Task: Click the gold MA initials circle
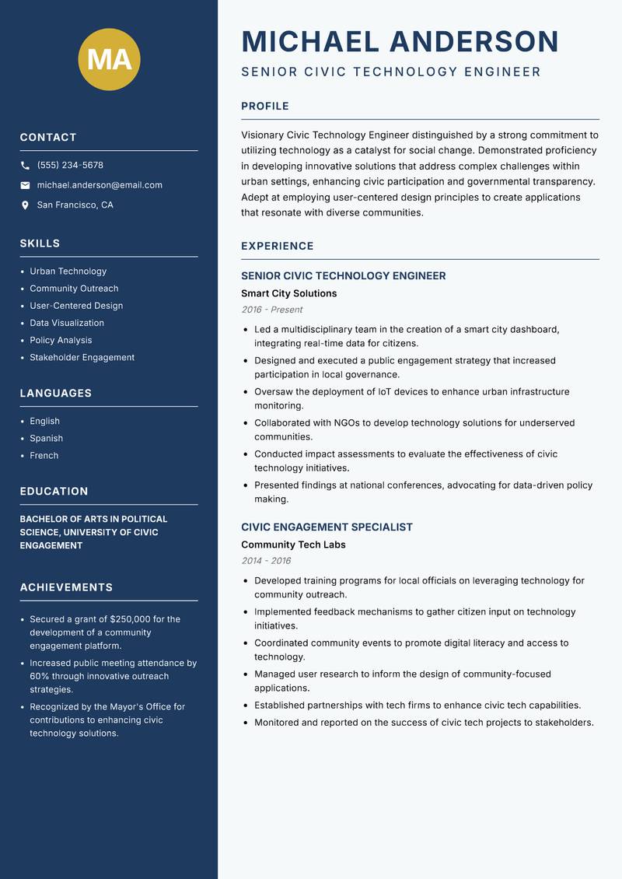110,59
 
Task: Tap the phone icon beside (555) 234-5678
25,166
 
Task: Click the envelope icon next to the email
25,185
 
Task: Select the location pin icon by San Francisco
25,205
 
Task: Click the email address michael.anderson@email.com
100,185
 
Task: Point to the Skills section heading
40,243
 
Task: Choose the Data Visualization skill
67,323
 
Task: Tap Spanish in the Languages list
46,438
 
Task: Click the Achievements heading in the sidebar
66,587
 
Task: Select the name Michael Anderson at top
400,41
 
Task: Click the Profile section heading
265,106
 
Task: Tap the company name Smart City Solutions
289,293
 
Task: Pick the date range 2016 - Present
272,310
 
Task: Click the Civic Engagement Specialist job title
327,527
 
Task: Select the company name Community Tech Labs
293,545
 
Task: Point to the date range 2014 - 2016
266,561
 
